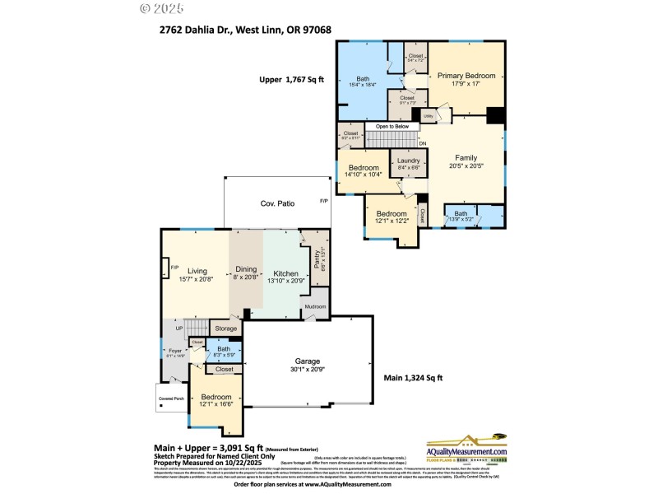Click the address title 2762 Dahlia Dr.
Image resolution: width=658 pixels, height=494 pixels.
click(x=246, y=30)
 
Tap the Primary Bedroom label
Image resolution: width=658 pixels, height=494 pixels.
click(x=465, y=76)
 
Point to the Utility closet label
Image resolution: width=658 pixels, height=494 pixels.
click(x=429, y=117)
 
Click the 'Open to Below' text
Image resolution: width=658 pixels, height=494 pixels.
click(x=392, y=126)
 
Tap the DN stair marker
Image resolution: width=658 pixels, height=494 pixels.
click(x=423, y=144)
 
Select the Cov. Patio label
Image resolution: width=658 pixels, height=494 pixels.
click(x=278, y=203)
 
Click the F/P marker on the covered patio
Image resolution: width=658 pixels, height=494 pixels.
click(x=323, y=201)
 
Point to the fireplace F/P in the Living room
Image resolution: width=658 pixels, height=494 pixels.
click(x=174, y=268)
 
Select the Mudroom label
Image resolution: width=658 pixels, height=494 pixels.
click(x=316, y=307)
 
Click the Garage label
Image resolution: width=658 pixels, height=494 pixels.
click(x=308, y=361)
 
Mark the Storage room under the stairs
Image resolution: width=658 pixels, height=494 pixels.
click(x=225, y=328)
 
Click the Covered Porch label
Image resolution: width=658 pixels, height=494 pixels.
click(x=172, y=398)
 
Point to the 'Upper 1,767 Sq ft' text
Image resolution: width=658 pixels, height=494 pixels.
click(x=293, y=80)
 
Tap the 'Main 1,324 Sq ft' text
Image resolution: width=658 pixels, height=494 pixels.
click(x=414, y=378)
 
